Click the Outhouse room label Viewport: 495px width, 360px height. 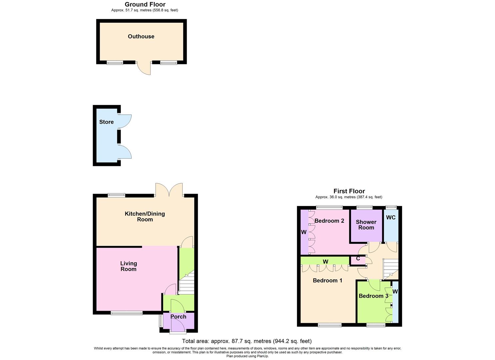[x=141, y=36]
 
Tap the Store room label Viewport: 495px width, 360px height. [x=106, y=122]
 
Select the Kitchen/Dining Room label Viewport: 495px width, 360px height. [x=145, y=216]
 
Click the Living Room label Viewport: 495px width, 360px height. [x=128, y=266]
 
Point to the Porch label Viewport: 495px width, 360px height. [x=178, y=317]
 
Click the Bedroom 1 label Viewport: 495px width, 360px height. [x=327, y=280]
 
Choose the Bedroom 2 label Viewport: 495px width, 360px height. [x=329, y=221]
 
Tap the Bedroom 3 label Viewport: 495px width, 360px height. [x=373, y=296]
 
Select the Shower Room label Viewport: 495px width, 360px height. [x=366, y=225]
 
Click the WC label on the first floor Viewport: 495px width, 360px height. [x=391, y=217]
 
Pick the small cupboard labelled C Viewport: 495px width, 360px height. [x=358, y=259]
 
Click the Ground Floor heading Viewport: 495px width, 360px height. [x=145, y=4]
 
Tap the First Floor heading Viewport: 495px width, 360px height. [x=349, y=191]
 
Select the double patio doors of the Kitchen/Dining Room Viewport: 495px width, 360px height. [x=169, y=190]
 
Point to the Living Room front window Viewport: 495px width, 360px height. [x=127, y=313]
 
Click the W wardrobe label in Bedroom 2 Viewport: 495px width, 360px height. [x=304, y=232]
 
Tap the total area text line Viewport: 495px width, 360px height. [x=247, y=341]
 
